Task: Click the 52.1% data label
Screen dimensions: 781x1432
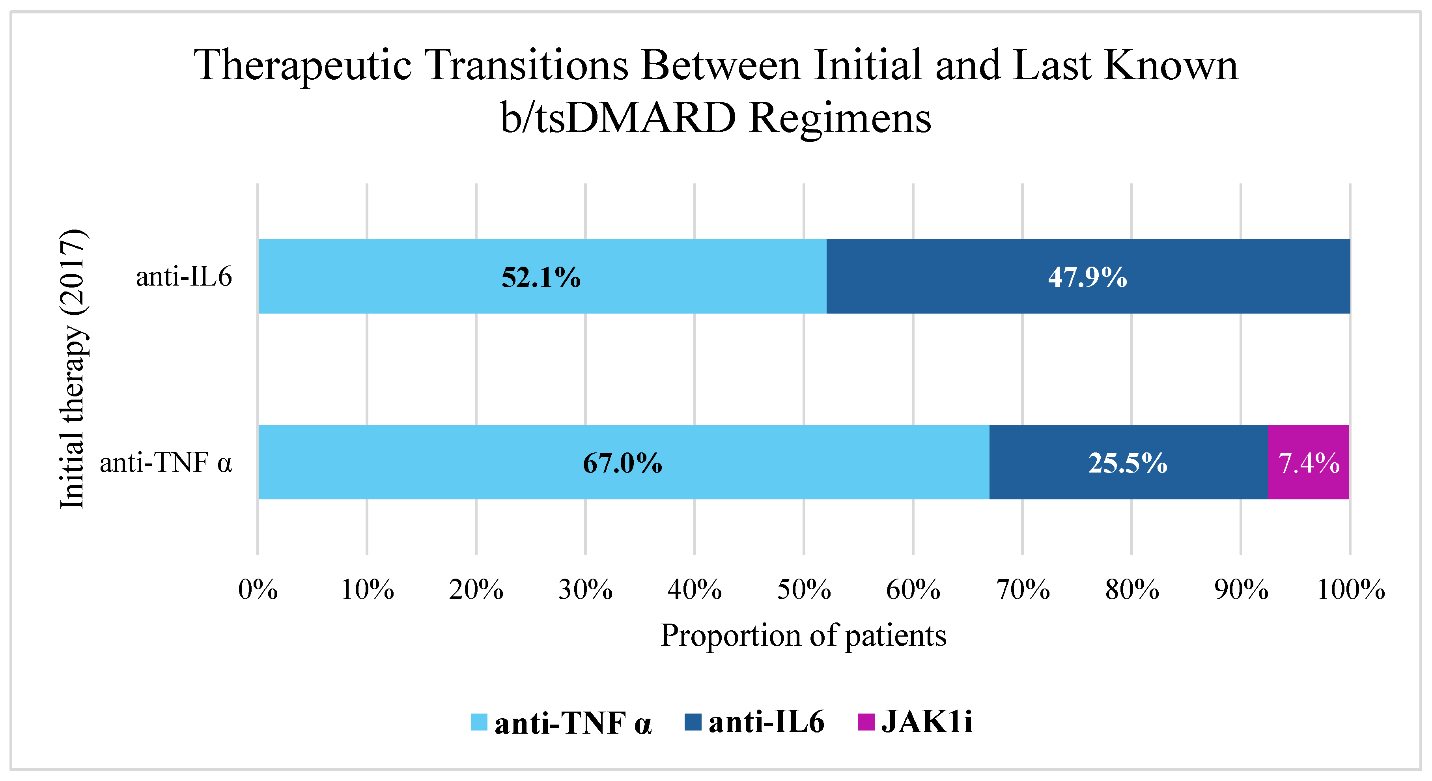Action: tap(541, 277)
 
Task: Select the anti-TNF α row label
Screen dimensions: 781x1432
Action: tap(166, 462)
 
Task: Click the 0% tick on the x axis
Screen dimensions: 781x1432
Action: tap(258, 590)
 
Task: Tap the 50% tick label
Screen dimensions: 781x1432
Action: tap(804, 590)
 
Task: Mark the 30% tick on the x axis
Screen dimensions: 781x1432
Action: tap(585, 590)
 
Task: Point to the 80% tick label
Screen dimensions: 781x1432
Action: tap(1132, 590)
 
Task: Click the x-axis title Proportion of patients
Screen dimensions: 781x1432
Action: tap(803, 635)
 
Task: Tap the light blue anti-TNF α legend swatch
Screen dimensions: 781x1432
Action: tap(479, 722)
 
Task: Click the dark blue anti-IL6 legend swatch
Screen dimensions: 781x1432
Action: tap(693, 722)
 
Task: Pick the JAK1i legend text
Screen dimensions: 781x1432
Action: tap(927, 722)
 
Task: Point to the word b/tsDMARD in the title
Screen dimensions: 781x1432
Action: tap(618, 118)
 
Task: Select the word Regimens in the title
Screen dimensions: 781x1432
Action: tap(839, 118)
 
